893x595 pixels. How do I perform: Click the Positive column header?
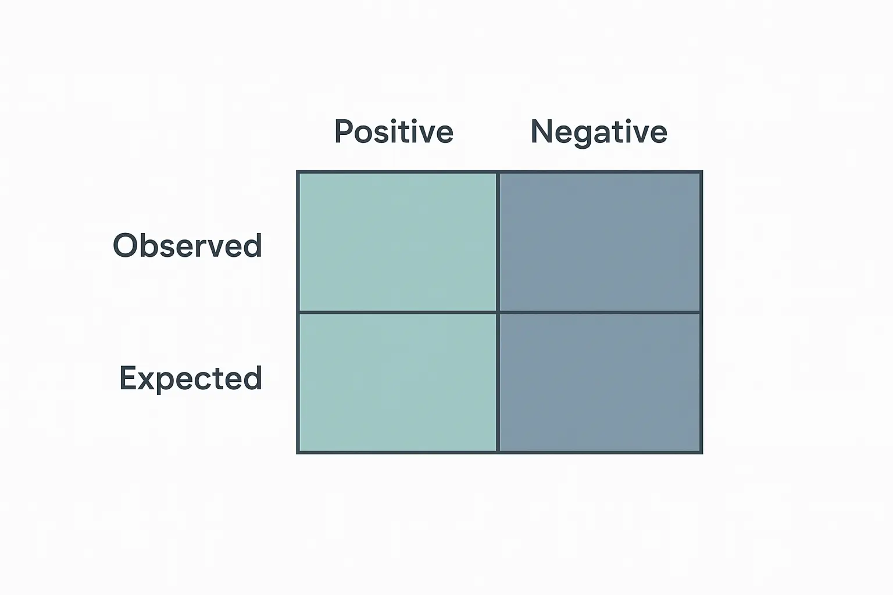[394, 131]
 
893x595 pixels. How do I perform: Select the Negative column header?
[599, 133]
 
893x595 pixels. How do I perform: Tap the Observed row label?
[187, 245]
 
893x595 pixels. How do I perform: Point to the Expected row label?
[191, 379]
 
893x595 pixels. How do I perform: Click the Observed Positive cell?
[398, 242]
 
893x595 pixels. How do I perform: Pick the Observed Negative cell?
[599, 242]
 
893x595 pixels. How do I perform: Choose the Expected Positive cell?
[398, 382]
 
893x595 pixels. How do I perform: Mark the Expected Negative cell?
[599, 382]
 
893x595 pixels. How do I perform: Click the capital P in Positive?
[344, 131]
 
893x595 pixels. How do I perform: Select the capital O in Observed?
[126, 245]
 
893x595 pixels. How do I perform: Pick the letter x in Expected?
[149, 381]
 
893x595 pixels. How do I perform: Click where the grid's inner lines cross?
[498, 313]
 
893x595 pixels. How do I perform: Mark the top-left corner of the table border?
[298, 172]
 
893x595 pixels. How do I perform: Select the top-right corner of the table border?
[702, 172]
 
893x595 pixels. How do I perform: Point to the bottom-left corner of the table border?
[298, 453]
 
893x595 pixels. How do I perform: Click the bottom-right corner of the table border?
[702, 453]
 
